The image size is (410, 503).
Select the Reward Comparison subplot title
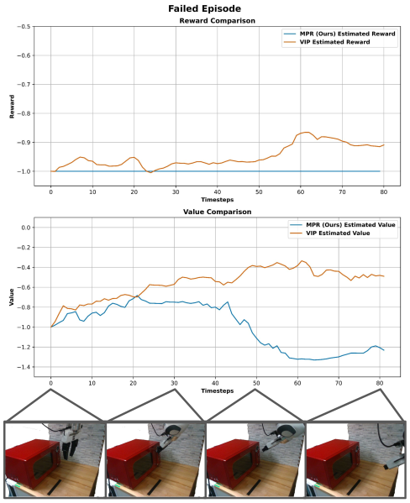tap(218, 20)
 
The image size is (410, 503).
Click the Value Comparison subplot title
tap(218, 212)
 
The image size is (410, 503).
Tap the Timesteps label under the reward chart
tap(218, 198)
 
